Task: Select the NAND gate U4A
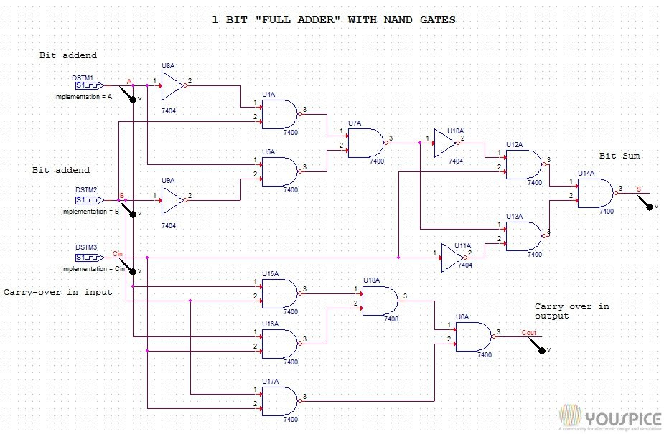280,113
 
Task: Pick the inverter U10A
446,143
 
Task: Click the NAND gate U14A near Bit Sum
595,192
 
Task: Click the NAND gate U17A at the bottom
280,401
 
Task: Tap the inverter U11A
453,258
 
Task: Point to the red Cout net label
528,332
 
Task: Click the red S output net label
639,189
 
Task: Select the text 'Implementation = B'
90,212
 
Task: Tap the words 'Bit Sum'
619,156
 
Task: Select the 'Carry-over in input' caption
58,292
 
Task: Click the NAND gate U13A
523,235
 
